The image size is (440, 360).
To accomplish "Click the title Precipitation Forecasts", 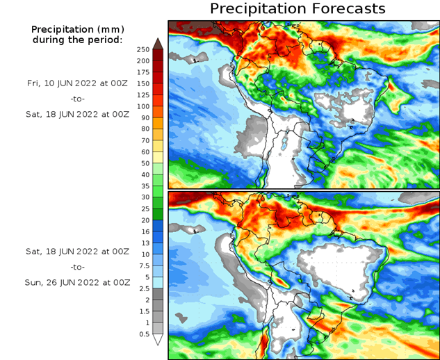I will coord(298,9).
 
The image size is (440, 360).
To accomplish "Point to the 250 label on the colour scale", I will coord(143,49).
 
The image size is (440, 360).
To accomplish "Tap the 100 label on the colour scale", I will coord(143,106).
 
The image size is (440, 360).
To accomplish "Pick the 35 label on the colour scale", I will coord(145,186).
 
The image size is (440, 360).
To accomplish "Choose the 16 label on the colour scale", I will coord(145,231).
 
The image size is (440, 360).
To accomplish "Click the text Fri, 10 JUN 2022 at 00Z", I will coord(79,83).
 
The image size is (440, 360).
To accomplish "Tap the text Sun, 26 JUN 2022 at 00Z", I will coord(79,283).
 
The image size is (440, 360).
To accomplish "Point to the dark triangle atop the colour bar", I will coord(158,44).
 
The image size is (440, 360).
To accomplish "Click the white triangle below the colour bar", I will coord(158,340).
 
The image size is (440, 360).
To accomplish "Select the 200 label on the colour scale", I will coord(143,60).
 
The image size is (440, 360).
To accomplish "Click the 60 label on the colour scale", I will coord(145,152).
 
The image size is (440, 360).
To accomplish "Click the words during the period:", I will coord(77,40).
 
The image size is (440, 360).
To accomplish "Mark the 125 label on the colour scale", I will coord(143,95).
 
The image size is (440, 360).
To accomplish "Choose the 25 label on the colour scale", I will coord(145,209).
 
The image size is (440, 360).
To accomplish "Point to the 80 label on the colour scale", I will coord(145,129).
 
